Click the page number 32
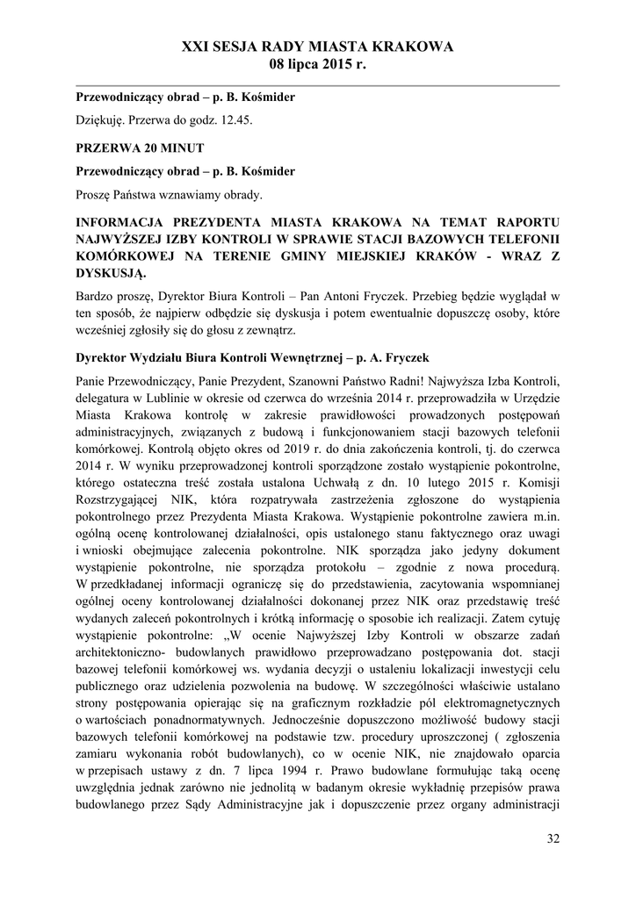tap(553, 838)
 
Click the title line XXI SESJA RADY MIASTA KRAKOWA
tap(317, 47)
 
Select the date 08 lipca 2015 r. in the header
tap(317, 65)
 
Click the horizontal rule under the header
tap(317, 85)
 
